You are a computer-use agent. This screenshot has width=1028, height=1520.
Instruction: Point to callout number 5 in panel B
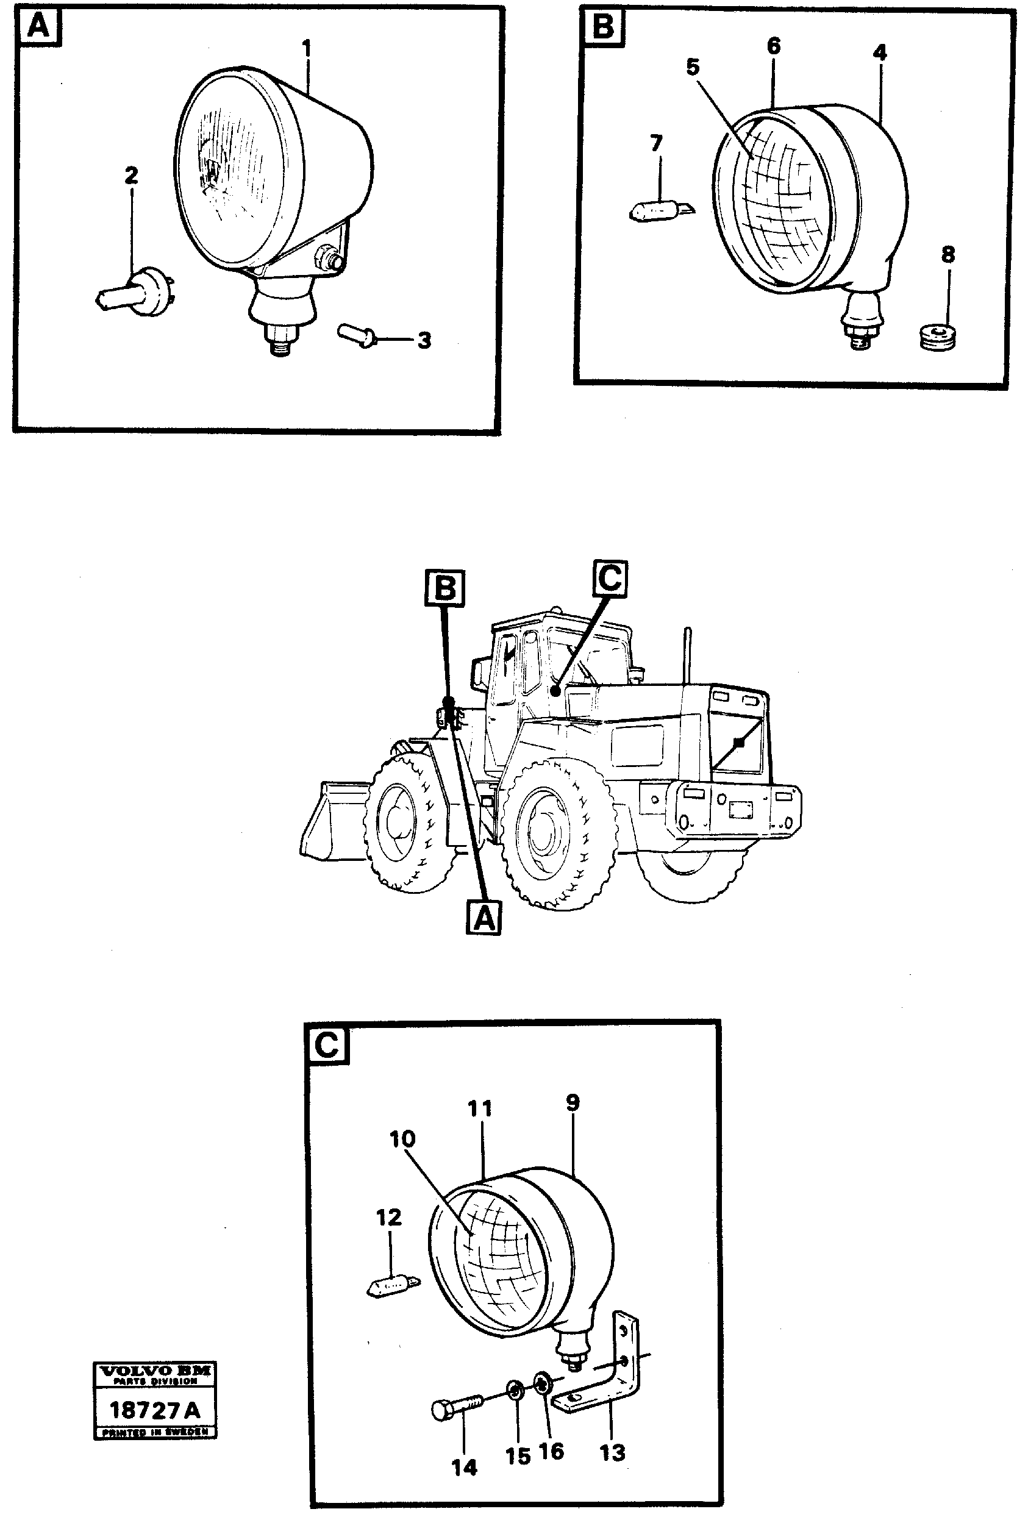[x=693, y=66]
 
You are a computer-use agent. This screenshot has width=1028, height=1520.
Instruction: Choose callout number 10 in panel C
[x=403, y=1139]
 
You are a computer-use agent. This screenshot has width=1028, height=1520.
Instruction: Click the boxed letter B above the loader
[x=445, y=587]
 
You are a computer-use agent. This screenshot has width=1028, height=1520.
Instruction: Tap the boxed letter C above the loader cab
[x=610, y=578]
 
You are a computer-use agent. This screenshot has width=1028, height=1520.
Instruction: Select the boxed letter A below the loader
[x=484, y=919]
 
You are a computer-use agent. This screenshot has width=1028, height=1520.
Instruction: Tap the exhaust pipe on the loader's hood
[x=688, y=655]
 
